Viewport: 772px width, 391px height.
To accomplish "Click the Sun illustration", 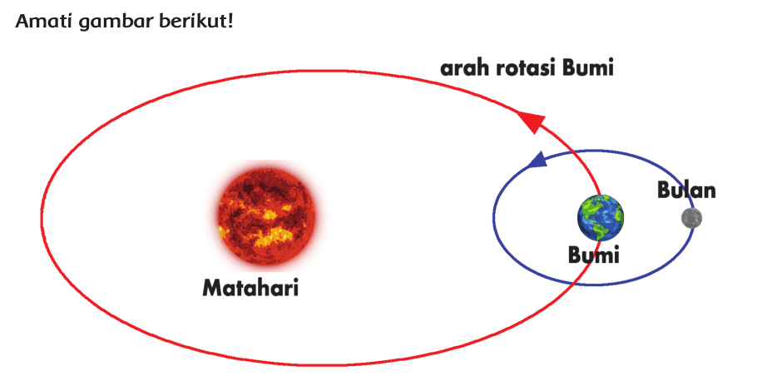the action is tap(266, 217).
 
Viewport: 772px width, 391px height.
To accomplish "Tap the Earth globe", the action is tap(600, 218).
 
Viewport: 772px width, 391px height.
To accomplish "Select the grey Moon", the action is tap(691, 218).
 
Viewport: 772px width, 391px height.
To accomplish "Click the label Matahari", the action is tap(250, 288).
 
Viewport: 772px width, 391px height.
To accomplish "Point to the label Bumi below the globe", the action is tap(593, 255).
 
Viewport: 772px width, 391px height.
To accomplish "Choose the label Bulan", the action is tap(686, 191).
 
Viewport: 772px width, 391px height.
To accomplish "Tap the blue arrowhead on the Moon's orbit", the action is tap(540, 159).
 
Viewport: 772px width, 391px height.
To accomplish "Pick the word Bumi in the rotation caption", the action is tap(588, 68).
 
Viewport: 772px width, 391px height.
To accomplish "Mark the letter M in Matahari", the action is tap(212, 288).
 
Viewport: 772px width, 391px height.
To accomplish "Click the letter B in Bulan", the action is tap(664, 191).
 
